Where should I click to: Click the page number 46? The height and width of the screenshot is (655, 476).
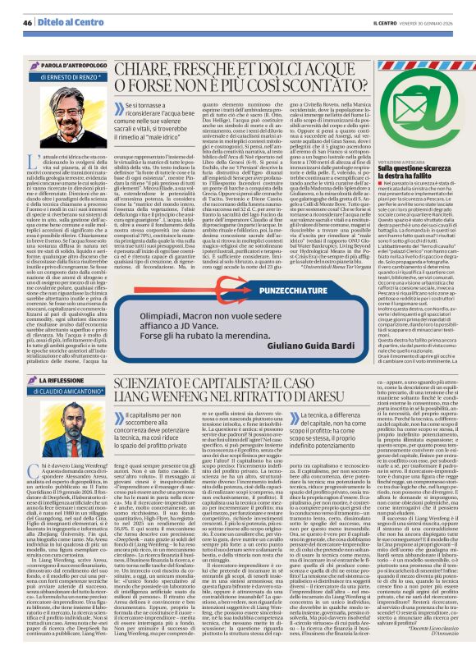[27, 21]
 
